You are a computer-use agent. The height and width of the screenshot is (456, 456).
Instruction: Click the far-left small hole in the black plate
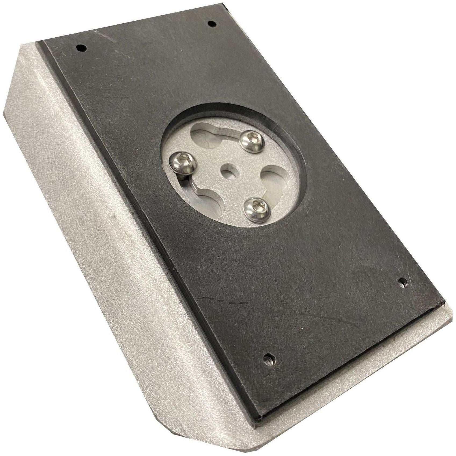(x=81, y=48)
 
